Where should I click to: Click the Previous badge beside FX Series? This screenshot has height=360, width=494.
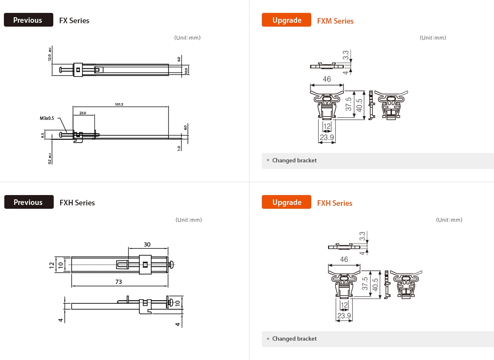coord(28,20)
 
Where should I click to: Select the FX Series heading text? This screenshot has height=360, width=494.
coord(74,21)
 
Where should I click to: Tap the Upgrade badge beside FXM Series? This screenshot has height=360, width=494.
coord(286,20)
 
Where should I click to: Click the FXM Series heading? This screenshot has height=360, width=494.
coord(335,21)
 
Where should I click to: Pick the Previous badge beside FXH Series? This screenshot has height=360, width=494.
coord(29,202)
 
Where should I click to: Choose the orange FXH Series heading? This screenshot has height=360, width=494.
coord(334,203)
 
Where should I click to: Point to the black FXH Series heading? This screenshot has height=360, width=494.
coord(77,203)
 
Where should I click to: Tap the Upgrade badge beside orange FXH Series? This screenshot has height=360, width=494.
coord(286,202)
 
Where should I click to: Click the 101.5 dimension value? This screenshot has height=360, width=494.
coord(119,104)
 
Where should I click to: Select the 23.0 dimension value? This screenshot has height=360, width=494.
coord(83,113)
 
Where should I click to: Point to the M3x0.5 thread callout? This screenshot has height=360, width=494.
coord(47,118)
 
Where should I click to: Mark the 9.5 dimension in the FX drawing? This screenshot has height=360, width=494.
coord(43,135)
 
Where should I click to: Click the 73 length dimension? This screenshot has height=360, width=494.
coord(119,282)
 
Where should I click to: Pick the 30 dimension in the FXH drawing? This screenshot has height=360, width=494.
coord(147,244)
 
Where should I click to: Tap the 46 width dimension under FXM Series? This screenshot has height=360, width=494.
coord(327,79)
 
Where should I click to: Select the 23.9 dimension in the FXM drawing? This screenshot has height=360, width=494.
coord(327,137)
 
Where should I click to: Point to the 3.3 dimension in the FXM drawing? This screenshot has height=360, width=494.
coord(346,55)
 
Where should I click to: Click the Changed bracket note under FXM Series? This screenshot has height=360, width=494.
coord(294,161)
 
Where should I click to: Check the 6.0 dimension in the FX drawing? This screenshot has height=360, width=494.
coord(179,59)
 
